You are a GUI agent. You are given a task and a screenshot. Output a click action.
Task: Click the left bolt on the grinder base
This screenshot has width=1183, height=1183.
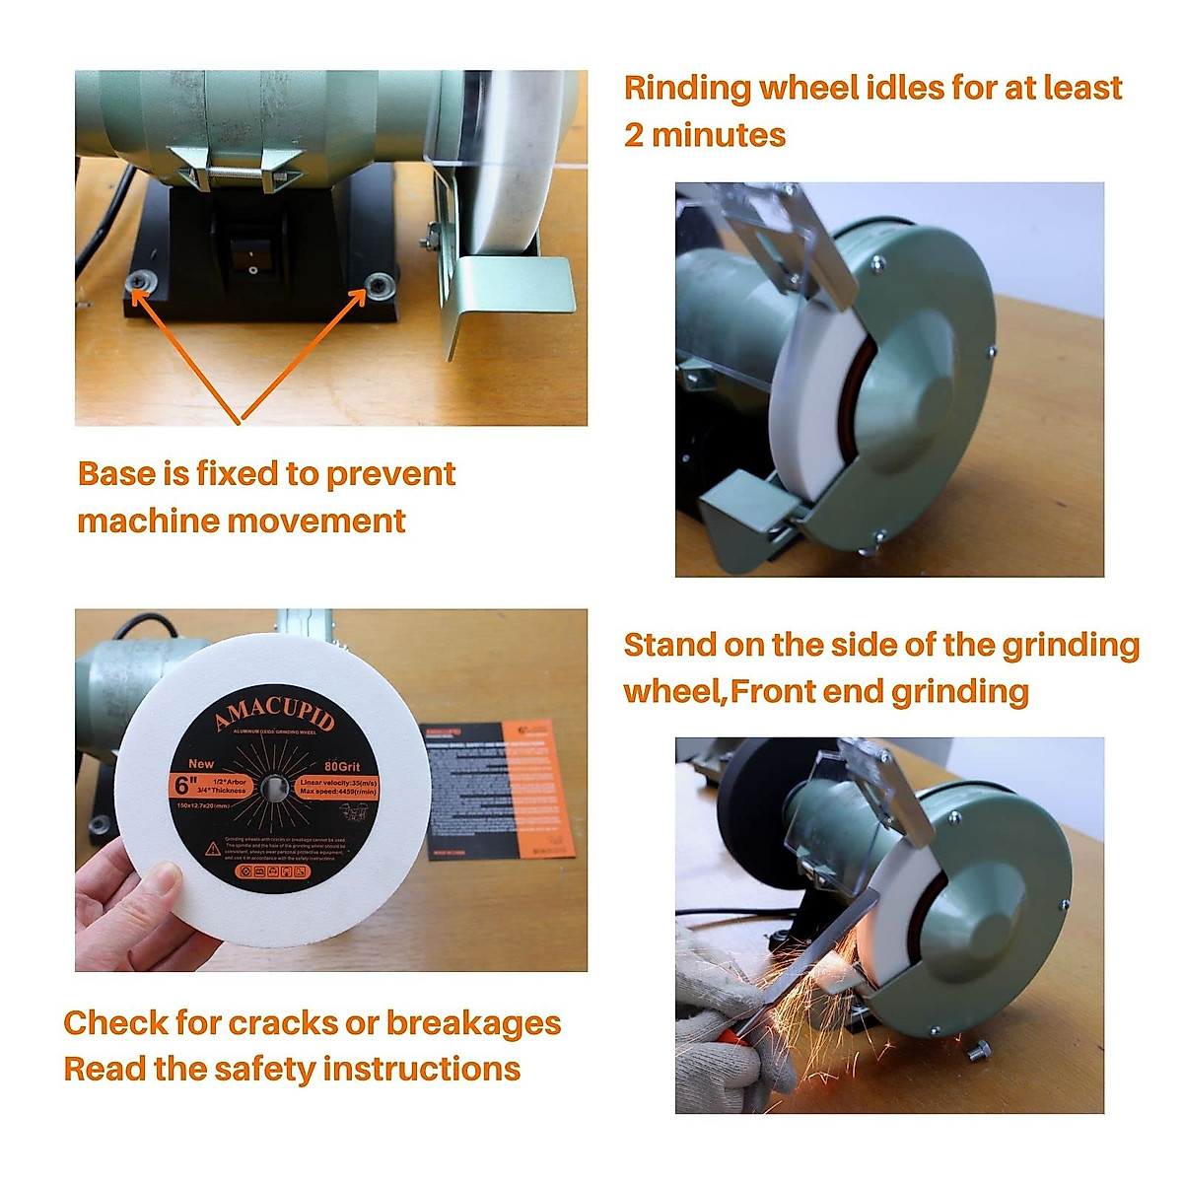pyautogui.click(x=138, y=284)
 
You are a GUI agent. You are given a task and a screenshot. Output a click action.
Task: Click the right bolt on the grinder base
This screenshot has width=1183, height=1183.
pyautogui.click(x=376, y=285)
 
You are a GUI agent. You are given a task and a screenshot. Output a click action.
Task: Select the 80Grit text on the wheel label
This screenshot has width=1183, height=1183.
pyautogui.click(x=341, y=766)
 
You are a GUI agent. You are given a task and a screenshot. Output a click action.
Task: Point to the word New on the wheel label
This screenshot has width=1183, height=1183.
pyautogui.click(x=200, y=763)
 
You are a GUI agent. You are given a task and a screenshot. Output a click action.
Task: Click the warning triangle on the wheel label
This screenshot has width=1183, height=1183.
pyautogui.click(x=212, y=848)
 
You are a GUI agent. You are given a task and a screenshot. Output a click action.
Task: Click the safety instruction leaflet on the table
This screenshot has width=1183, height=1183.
pyautogui.click(x=498, y=789)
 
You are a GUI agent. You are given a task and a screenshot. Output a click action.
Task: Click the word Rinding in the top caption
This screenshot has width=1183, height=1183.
pyautogui.click(x=686, y=88)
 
